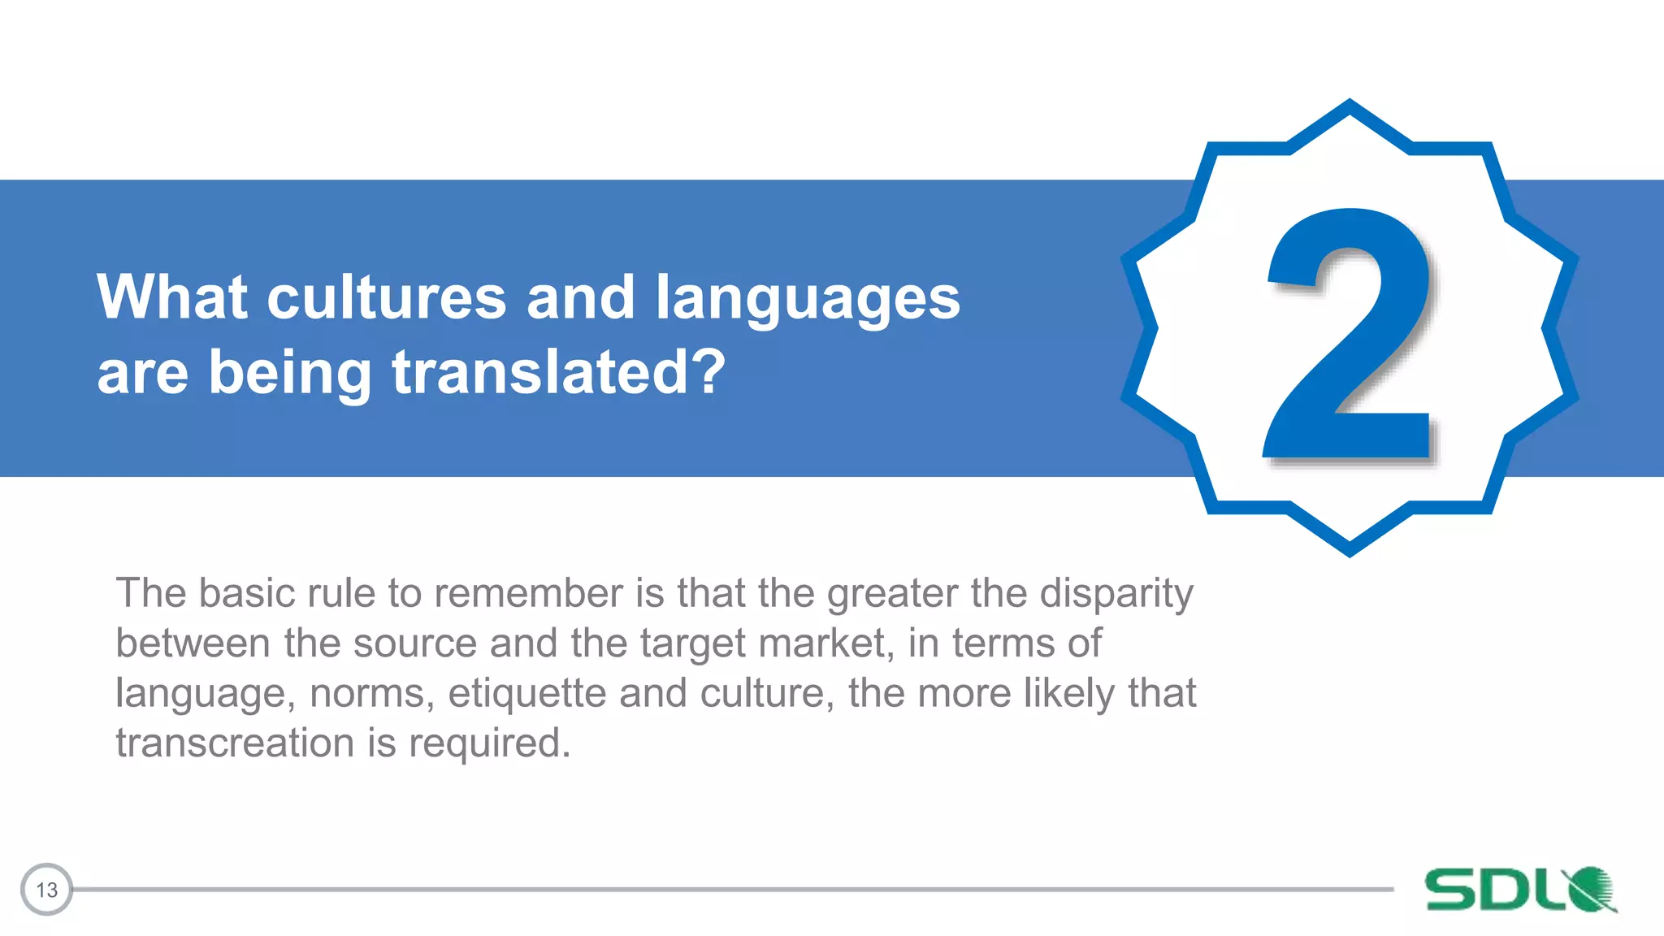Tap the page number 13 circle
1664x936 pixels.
[x=46, y=889]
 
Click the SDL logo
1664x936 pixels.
[x=1519, y=889]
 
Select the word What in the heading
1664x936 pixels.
[x=171, y=297]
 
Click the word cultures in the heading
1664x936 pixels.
[x=387, y=297]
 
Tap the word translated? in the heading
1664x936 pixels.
[x=558, y=372]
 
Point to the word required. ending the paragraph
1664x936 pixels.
[x=489, y=743]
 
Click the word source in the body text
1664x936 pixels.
[x=414, y=643]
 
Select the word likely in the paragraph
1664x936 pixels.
[x=1069, y=694]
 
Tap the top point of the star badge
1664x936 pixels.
[x=1349, y=104]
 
